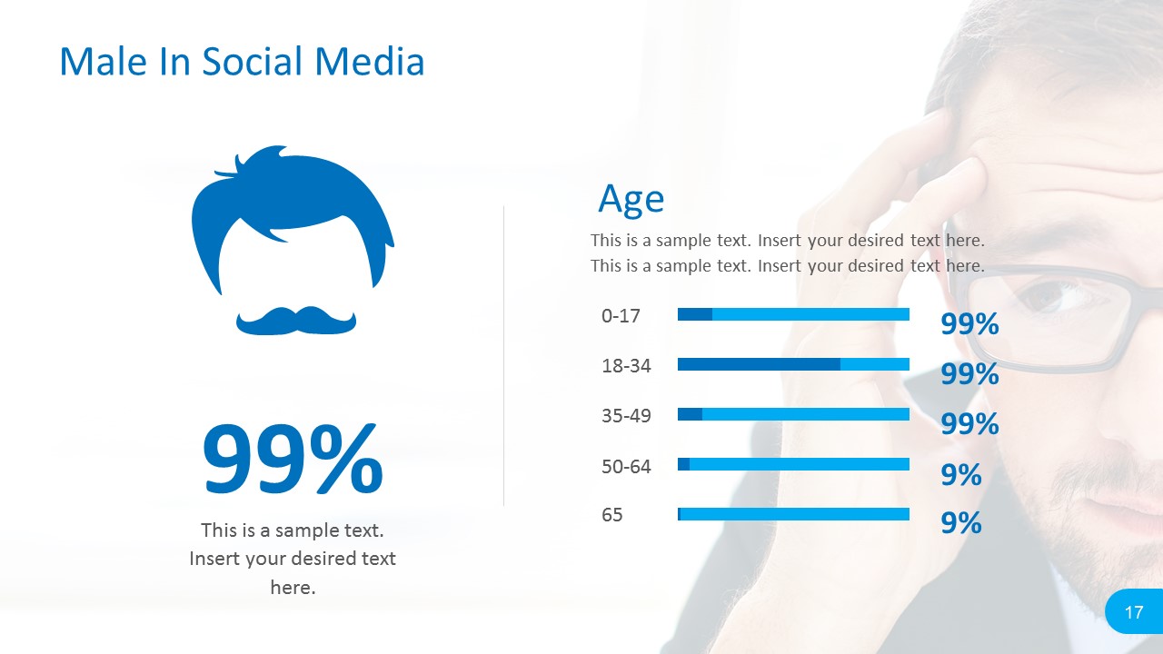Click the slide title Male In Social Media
click(x=242, y=61)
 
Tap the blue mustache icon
click(x=296, y=321)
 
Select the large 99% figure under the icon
click(x=293, y=459)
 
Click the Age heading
click(x=631, y=199)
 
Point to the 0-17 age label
click(x=621, y=315)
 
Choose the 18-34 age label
click(x=626, y=366)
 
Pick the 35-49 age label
click(x=626, y=416)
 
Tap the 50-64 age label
click(x=626, y=466)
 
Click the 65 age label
click(x=611, y=515)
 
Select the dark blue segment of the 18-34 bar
click(x=759, y=364)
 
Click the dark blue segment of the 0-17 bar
click(x=695, y=314)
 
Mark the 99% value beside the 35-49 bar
click(x=969, y=423)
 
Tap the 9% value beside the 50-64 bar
click(x=961, y=474)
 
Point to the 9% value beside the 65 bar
click(x=961, y=522)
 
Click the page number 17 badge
click(x=1134, y=611)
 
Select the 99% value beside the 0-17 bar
click(x=969, y=324)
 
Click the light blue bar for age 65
click(x=795, y=514)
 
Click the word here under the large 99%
click(x=293, y=588)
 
